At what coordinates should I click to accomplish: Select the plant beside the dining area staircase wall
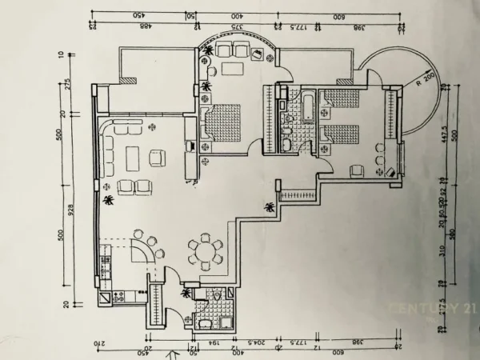tap(270, 207)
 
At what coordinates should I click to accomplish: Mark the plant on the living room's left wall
tap(108, 201)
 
